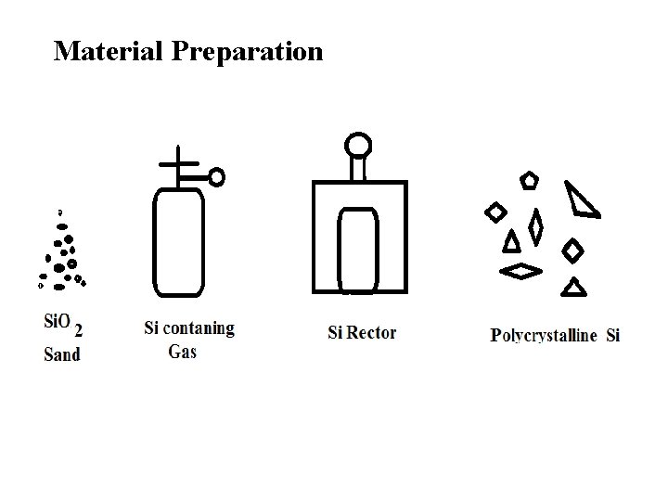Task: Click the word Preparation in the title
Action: click(x=248, y=52)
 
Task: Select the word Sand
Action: click(x=62, y=353)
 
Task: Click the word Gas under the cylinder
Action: click(x=182, y=352)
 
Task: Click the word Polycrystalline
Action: click(x=544, y=336)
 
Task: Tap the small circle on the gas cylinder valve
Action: click(x=216, y=176)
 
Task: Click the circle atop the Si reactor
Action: click(x=358, y=145)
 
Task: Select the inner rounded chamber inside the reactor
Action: click(x=358, y=249)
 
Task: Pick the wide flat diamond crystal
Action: click(x=522, y=271)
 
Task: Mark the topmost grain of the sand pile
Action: click(x=61, y=211)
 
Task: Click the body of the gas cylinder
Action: click(x=178, y=241)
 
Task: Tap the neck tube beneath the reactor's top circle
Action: click(x=358, y=169)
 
